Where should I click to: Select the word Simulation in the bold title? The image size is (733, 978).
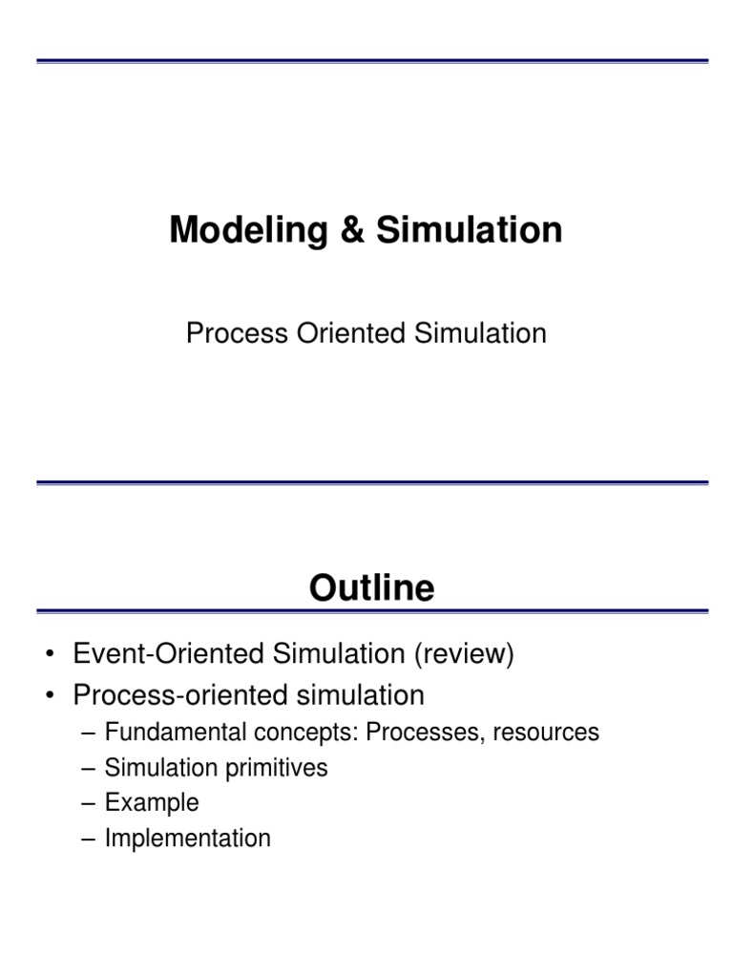click(x=468, y=231)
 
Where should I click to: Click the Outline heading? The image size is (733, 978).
click(x=372, y=587)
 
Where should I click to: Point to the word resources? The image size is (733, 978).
click(x=550, y=733)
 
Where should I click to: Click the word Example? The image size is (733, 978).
click(x=152, y=803)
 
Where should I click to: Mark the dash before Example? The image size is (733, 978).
click(x=89, y=803)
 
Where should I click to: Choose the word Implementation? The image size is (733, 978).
click(x=188, y=839)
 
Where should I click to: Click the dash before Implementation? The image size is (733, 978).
click(x=89, y=839)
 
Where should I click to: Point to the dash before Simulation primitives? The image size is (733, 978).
click(x=89, y=768)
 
